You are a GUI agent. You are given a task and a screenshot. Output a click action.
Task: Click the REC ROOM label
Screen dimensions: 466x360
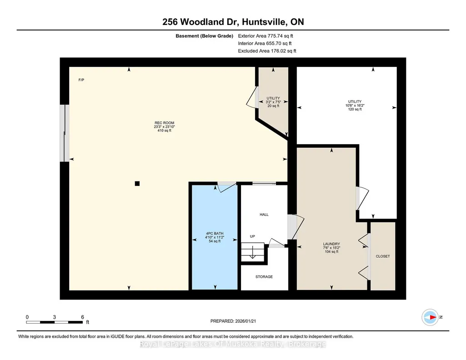tap(164, 123)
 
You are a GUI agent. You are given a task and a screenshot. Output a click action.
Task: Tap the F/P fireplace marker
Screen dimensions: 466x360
tap(81, 80)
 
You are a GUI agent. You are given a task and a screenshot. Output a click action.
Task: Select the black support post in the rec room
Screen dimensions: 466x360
tap(137, 184)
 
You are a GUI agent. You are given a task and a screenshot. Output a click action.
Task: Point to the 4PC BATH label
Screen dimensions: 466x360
tap(215, 234)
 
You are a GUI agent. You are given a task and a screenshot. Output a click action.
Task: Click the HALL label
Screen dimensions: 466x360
tap(264, 215)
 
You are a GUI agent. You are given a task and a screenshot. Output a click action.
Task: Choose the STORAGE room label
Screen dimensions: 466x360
tap(264, 277)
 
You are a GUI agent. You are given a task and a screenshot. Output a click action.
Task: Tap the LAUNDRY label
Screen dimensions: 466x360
tap(331, 244)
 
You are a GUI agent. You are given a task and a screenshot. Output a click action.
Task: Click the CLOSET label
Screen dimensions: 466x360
tap(383, 256)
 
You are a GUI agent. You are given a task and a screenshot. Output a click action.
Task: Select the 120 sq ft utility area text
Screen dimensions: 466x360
tap(355, 109)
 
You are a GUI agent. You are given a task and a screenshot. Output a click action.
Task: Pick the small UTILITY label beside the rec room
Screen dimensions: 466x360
tap(273, 98)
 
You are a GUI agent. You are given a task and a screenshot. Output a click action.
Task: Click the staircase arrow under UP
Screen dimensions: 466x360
tap(252, 251)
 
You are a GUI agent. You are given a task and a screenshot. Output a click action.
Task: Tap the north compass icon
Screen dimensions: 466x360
tap(430, 317)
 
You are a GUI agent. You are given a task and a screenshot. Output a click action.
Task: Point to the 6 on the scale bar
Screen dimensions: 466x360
tap(83, 317)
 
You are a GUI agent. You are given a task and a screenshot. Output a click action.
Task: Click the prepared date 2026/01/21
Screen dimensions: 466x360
tap(246, 321)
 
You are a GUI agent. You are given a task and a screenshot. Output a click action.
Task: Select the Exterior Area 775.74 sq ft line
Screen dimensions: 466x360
tap(266, 36)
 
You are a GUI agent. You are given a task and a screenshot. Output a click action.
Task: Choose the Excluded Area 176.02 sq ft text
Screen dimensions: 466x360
tap(267, 51)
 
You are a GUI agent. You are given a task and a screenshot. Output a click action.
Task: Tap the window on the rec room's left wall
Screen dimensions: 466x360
tap(65, 133)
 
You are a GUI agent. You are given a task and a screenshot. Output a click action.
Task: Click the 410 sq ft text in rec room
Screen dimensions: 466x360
tap(164, 130)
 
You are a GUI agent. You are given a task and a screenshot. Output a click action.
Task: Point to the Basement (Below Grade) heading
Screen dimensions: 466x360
tap(204, 36)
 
